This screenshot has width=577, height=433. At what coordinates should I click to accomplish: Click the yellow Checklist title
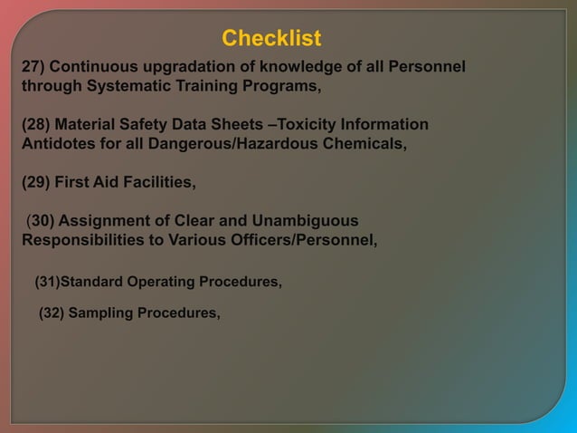271,39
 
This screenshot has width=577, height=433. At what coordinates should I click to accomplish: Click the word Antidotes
57,144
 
